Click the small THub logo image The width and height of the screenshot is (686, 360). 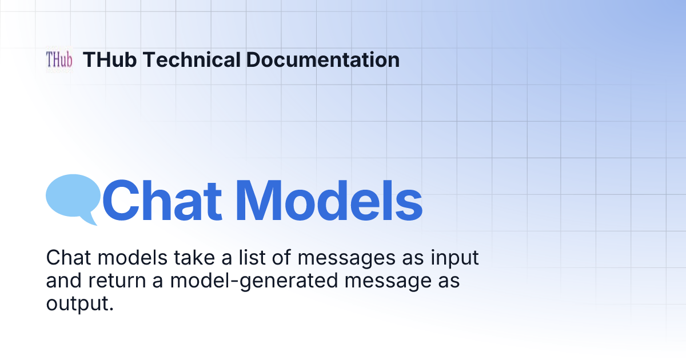[x=59, y=59]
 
